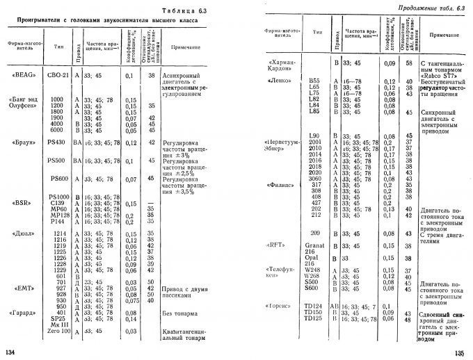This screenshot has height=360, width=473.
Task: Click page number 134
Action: click(x=10, y=354)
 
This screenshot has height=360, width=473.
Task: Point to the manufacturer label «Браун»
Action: click(x=26, y=142)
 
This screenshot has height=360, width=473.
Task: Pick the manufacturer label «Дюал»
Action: click(x=26, y=233)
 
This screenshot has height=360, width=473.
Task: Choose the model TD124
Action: click(x=316, y=306)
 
